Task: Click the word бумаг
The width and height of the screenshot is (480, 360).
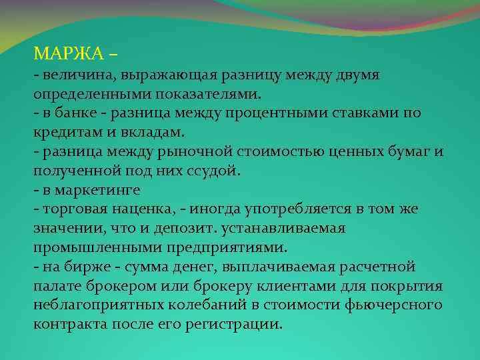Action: pos(405,151)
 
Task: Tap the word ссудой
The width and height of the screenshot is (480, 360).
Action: pos(215,171)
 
